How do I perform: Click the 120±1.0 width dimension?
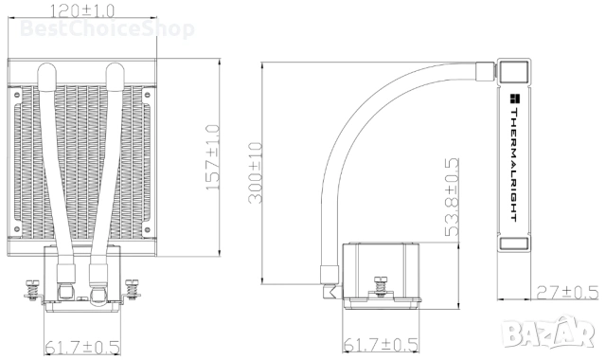pyautogui.click(x=84, y=10)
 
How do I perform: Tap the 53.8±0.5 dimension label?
pyautogui.click(x=453, y=196)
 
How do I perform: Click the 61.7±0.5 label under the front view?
pyautogui.click(x=82, y=347)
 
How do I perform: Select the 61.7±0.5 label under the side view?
pyautogui.click(x=379, y=346)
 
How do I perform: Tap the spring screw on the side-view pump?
pyautogui.click(x=381, y=284)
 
